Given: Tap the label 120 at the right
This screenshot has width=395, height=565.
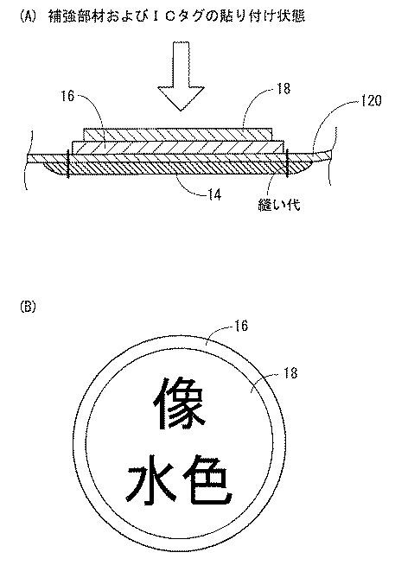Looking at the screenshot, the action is [371, 100].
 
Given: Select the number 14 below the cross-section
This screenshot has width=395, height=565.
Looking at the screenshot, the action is [214, 195].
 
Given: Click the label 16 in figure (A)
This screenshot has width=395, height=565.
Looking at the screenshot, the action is [67, 96].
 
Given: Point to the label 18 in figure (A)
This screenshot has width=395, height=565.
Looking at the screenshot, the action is [284, 89].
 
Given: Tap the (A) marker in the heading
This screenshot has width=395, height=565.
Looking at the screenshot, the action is [28, 16].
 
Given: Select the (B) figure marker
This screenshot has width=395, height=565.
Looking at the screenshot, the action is [28, 307].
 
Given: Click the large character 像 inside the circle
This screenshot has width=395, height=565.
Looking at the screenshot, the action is [179, 404].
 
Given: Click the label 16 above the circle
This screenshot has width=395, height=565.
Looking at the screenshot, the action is [241, 326].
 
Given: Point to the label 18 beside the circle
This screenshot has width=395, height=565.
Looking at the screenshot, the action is [290, 372].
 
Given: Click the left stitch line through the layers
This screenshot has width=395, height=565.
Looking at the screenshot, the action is [67, 164].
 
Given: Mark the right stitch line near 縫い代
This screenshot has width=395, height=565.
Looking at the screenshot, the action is [287, 164].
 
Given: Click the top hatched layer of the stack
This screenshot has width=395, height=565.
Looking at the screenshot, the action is [178, 135].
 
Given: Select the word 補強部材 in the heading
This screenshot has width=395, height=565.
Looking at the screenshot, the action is [72, 16].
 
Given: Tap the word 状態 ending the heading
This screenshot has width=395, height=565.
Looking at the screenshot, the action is [294, 16].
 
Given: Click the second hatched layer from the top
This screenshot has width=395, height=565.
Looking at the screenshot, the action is [178, 148].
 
